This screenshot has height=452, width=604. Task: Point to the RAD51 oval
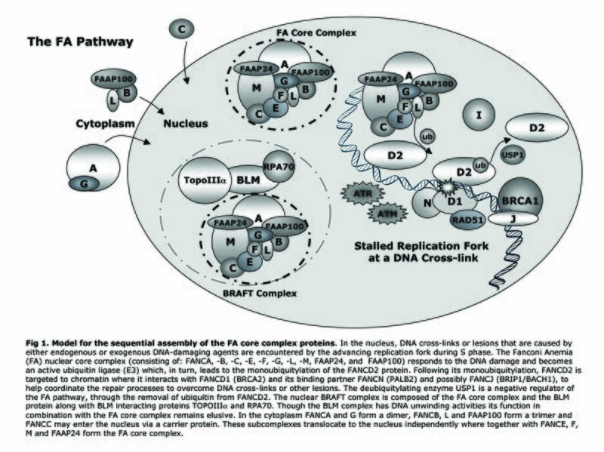(x=448, y=221)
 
